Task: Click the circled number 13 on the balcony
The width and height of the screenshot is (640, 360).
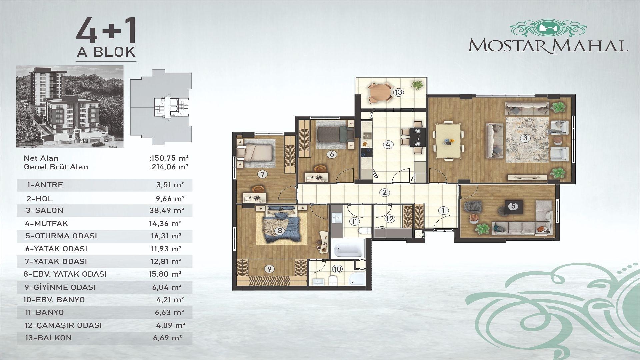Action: (x=398, y=92)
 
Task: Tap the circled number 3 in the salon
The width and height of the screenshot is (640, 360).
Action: (x=525, y=138)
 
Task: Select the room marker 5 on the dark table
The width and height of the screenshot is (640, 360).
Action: (x=513, y=206)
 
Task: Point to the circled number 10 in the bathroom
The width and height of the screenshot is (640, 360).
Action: (x=337, y=269)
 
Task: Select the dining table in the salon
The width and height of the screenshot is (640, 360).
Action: (x=448, y=140)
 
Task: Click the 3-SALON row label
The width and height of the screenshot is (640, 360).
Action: (x=44, y=211)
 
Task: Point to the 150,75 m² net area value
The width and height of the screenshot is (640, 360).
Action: (x=170, y=158)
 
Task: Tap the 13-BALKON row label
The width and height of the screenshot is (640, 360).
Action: (x=48, y=338)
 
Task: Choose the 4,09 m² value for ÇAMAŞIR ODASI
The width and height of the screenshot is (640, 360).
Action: (x=171, y=325)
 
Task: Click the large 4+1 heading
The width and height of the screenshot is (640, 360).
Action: (x=106, y=31)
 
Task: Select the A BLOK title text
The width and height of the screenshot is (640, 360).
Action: (x=106, y=52)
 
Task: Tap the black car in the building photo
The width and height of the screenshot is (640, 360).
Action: (x=99, y=144)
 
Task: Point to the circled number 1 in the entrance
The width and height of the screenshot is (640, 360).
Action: (x=443, y=211)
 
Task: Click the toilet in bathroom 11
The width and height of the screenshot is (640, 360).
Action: (x=364, y=231)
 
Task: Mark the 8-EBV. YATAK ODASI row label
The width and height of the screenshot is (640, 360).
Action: (x=65, y=274)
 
